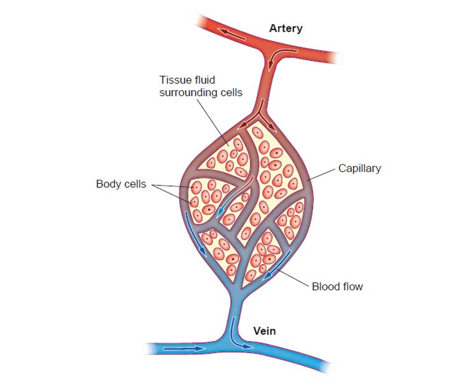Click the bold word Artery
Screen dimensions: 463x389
pyautogui.click(x=286, y=28)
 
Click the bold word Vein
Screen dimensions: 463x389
pyautogui.click(x=264, y=331)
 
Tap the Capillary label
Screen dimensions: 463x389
pyautogui.click(x=359, y=168)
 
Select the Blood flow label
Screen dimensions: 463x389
pyautogui.click(x=337, y=286)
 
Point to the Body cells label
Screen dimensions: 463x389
pyautogui.click(x=121, y=184)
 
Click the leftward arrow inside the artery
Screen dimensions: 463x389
pyautogui.click(x=231, y=34)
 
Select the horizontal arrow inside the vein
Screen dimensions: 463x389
pyautogui.click(x=183, y=349)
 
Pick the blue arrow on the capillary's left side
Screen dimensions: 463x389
pyautogui.click(x=194, y=233)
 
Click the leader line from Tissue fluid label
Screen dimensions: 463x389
pyautogui.click(x=212, y=122)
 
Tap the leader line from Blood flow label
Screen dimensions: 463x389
pyautogui.click(x=292, y=277)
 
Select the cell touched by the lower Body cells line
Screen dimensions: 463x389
pyautogui.click(x=194, y=202)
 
